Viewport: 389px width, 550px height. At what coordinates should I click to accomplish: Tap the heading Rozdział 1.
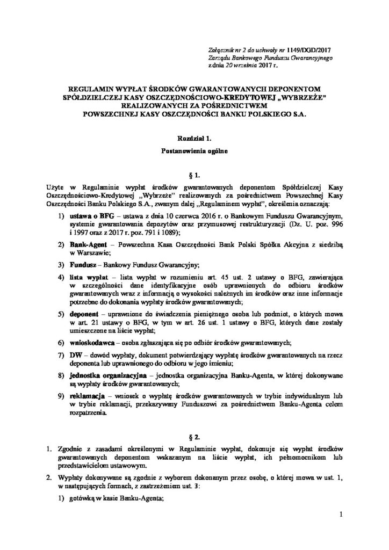(195, 139)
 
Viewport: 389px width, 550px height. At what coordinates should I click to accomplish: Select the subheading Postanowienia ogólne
(195, 151)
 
